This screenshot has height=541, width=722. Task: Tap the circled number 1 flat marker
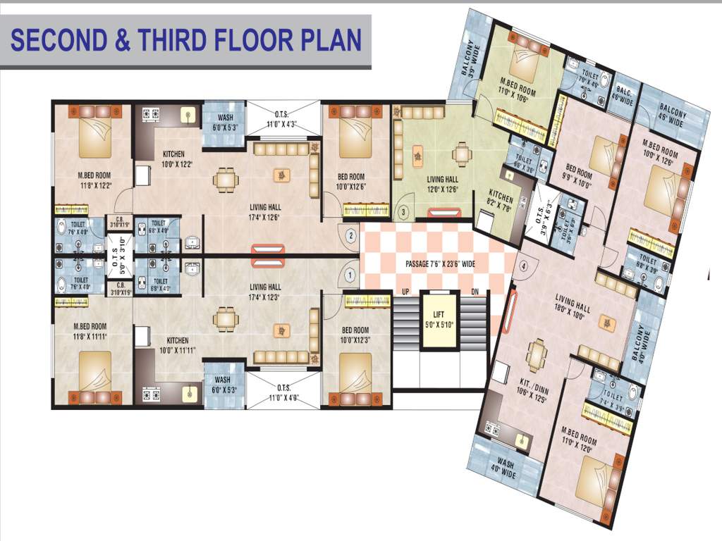pos(348,274)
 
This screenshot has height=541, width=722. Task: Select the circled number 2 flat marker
pos(351,235)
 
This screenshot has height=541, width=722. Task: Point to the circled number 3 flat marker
pos(403,211)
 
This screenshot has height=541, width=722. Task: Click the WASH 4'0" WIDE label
pos(506,469)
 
